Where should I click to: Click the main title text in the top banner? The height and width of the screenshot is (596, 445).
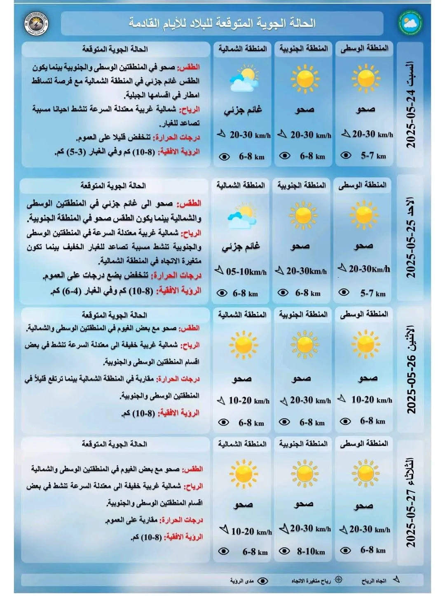pyautogui.click(x=222, y=23)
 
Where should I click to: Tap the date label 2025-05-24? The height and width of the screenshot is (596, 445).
pyautogui.click(x=411, y=105)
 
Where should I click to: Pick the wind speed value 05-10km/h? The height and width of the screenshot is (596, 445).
pyautogui.click(x=246, y=272)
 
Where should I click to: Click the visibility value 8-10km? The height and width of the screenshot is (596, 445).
pyautogui.click(x=311, y=551)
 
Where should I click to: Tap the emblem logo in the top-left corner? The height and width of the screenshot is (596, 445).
pyautogui.click(x=37, y=24)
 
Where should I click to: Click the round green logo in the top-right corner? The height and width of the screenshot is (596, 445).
pyautogui.click(x=410, y=24)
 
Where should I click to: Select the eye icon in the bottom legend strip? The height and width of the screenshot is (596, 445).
pyautogui.click(x=262, y=581)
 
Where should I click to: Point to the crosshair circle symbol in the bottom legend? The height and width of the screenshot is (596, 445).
pyautogui.click(x=338, y=580)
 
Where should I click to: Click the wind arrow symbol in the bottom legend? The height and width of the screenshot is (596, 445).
pyautogui.click(x=396, y=580)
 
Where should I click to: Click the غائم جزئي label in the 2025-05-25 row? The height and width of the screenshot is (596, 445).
pyautogui.click(x=241, y=247)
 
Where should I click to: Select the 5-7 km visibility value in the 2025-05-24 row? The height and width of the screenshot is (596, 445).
pyautogui.click(x=373, y=155)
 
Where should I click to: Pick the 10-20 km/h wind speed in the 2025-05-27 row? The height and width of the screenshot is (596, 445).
pyautogui.click(x=251, y=532)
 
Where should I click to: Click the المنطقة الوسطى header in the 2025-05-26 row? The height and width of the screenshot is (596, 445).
pyautogui.click(x=364, y=314)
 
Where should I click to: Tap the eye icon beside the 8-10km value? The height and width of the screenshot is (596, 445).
pyautogui.click(x=284, y=551)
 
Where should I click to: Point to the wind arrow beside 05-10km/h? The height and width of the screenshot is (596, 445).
pyautogui.click(x=219, y=271)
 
